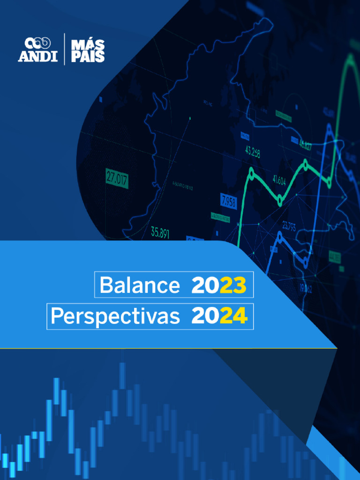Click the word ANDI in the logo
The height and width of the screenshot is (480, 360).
pos(37,57)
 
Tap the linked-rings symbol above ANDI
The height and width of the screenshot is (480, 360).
pos(37,43)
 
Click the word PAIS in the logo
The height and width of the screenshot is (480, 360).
pos(88,57)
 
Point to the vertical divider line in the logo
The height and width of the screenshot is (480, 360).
pos(65,49)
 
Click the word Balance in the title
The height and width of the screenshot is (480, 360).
pos(140,285)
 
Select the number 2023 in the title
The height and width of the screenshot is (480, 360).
pos(219,285)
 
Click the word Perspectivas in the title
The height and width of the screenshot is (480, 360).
pos(115,317)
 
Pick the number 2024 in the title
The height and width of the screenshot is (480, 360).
pos(219,317)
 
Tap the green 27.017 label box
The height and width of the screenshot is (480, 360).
pos(117,178)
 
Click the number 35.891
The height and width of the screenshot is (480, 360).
pos(160,232)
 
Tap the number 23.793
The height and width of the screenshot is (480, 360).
pos(289,227)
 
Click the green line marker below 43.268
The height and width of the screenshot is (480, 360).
pos(252,173)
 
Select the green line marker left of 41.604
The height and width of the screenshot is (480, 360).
pos(280,201)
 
